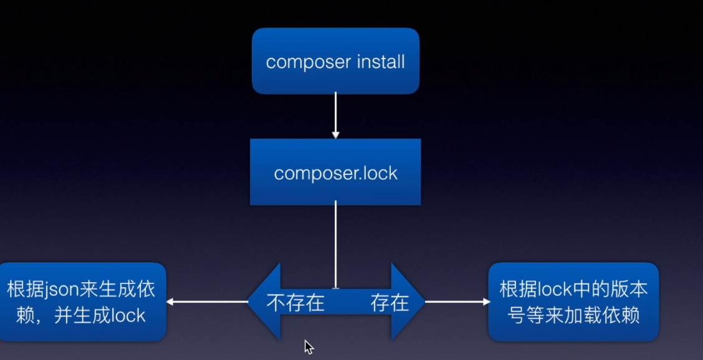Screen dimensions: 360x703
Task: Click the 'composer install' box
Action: coord(335,61)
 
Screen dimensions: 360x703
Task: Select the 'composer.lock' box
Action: coord(335,172)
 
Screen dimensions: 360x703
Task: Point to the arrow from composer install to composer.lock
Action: coord(335,116)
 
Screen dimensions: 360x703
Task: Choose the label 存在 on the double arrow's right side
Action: coord(390,303)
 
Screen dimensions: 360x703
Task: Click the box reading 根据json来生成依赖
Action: coord(82,302)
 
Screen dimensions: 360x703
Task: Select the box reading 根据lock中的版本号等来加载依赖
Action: coord(573,302)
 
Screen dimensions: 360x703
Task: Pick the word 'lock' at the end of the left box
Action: coord(130,315)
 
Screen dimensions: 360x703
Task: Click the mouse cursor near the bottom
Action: coord(308,347)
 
